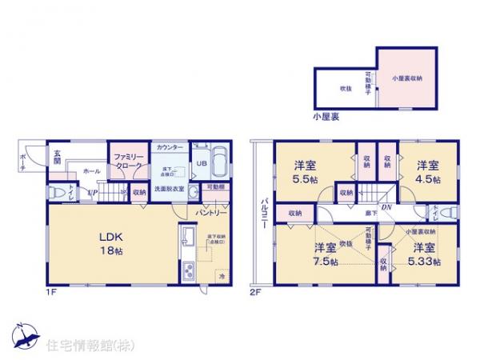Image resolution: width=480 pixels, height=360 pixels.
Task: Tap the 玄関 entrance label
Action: pos(58,158)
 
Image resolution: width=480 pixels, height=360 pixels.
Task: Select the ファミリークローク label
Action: pos(129,159)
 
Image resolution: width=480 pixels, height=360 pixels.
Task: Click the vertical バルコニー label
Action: pos(262,214)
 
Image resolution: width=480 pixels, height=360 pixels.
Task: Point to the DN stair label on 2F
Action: pos(386,207)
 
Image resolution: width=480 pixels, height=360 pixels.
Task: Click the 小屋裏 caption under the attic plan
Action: pos(326,117)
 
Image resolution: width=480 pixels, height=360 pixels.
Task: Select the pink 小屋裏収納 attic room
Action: pos(406,78)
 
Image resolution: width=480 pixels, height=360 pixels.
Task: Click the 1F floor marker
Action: pos(50,291)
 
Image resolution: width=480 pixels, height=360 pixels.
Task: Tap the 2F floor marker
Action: pos(254,291)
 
